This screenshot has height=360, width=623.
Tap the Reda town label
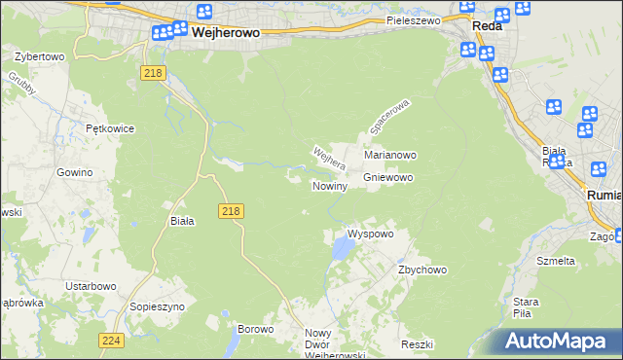click(487, 26)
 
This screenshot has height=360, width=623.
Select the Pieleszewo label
click(413, 19)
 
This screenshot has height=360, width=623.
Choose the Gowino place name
click(74, 172)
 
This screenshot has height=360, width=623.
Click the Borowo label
click(256, 329)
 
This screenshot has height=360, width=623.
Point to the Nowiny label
click(329, 186)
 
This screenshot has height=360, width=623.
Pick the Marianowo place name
click(390, 155)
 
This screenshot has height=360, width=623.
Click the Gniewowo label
click(388, 178)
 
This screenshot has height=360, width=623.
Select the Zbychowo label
click(421, 270)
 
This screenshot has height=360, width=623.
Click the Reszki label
click(416, 345)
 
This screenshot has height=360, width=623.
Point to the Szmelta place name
click(556, 261)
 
